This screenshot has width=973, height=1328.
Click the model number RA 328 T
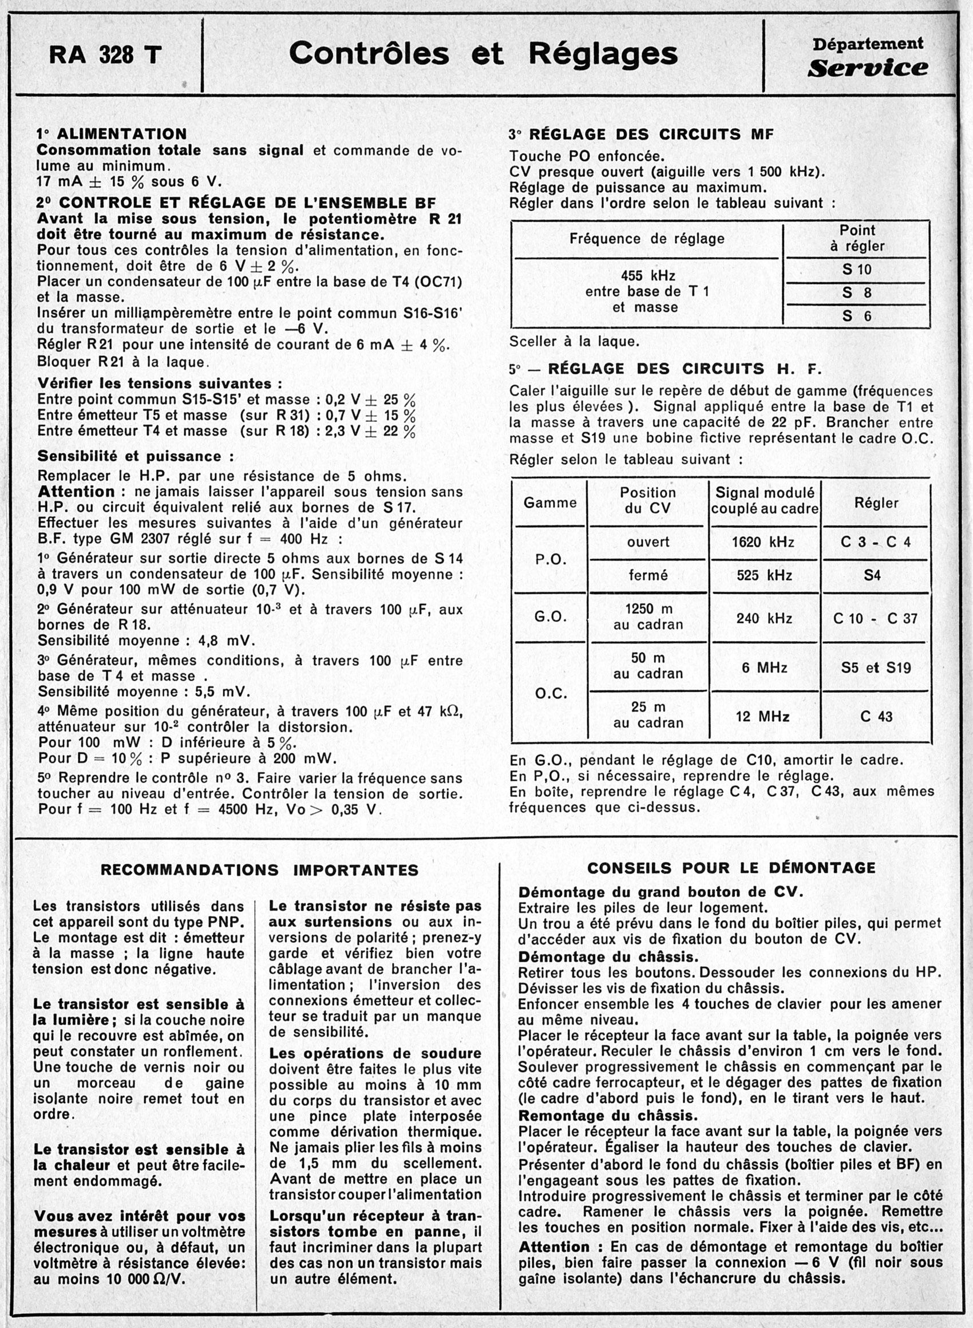[104, 56]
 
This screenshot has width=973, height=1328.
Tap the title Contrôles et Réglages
[483, 53]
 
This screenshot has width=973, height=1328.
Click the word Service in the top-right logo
[867, 68]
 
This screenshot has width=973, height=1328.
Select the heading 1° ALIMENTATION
[111, 134]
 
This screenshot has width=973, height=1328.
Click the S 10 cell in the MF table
[856, 269]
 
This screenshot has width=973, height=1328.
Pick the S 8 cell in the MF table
[856, 293]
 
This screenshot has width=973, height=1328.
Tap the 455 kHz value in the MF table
[648, 275]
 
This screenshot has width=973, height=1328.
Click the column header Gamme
[550, 503]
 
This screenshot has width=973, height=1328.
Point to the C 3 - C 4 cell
[875, 542]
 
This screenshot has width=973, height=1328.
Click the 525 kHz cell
[764, 575]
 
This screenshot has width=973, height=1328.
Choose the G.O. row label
[550, 616]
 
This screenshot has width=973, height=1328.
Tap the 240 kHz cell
[764, 618]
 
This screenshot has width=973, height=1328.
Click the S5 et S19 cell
[876, 667]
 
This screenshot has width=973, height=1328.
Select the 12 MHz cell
[764, 716]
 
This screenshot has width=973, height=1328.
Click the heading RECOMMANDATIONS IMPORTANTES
[259, 870]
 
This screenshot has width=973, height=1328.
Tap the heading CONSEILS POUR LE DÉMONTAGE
[731, 867]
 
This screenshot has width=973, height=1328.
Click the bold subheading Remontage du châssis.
[607, 1116]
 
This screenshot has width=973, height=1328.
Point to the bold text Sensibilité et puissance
[136, 456]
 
